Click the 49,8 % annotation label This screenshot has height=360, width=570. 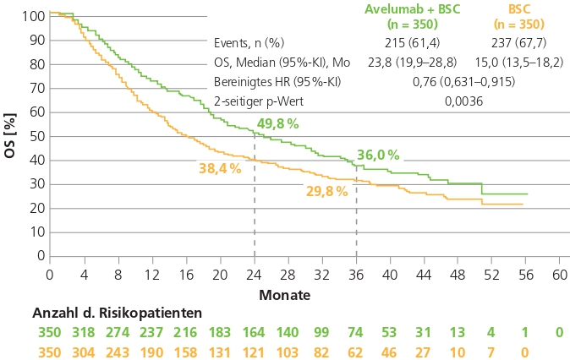pos(278,124)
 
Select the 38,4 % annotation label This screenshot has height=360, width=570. pos(220,168)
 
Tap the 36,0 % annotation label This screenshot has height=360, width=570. pos(378,155)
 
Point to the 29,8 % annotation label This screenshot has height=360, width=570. pos(326,191)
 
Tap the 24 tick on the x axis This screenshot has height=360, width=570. pos(254,275)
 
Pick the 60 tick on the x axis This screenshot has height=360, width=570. pos(559,275)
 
